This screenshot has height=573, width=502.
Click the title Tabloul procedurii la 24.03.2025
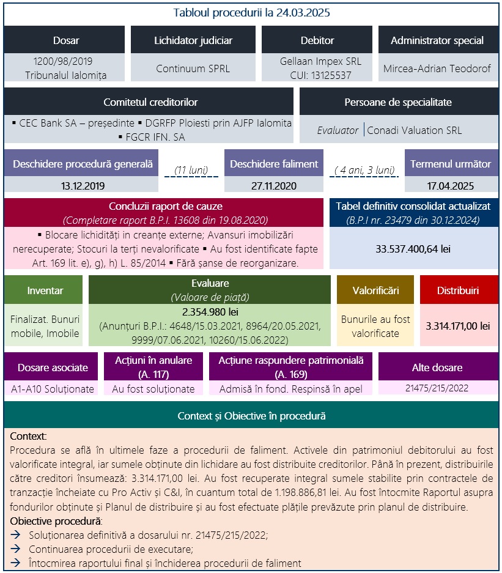pyautogui.click(x=251, y=12)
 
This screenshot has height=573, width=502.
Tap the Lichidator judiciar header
pyautogui.click(x=193, y=40)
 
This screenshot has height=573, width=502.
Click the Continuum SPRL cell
pyautogui.click(x=193, y=68)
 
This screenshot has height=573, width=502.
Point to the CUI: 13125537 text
pyautogui.click(x=320, y=75)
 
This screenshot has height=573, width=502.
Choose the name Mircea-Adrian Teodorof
pyautogui.click(x=437, y=68)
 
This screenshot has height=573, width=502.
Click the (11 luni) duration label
pyautogui.click(x=191, y=169)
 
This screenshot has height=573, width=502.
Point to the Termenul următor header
pyautogui.click(x=451, y=164)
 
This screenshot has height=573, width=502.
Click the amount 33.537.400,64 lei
pyautogui.click(x=413, y=249)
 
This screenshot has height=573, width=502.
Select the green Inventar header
pyautogui.click(x=45, y=290)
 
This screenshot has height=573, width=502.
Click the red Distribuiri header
pyautogui.click(x=459, y=290)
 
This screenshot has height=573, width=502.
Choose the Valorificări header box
pyautogui.click(x=375, y=290)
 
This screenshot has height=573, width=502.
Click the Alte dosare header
pyautogui.click(x=437, y=367)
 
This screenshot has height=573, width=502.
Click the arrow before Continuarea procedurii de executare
pyautogui.click(x=16, y=549)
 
